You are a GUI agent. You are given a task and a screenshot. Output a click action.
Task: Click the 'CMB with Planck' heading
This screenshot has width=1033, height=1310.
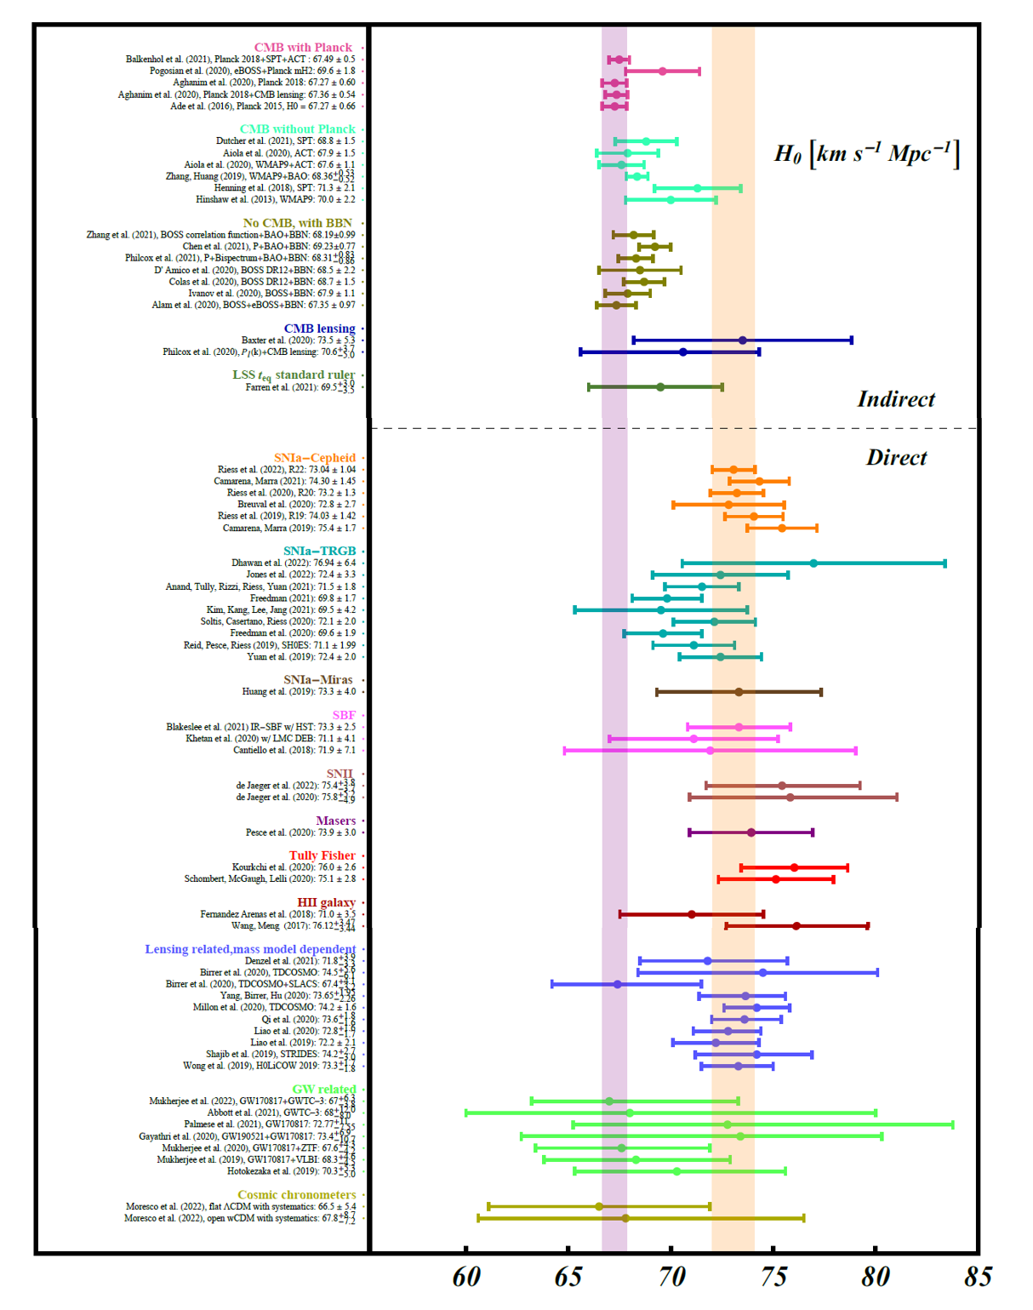coord(302,48)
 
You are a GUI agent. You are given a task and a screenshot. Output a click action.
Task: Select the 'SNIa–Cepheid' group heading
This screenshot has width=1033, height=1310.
coord(314,458)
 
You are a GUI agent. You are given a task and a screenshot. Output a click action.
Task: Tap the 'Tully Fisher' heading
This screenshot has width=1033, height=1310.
coord(322,855)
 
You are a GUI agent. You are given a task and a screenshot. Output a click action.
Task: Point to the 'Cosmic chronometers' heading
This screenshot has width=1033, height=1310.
coord(296,1195)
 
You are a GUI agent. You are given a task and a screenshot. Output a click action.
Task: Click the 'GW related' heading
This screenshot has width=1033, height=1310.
coord(323,1090)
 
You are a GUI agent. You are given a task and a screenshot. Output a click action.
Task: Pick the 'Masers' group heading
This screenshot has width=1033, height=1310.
coord(335,821)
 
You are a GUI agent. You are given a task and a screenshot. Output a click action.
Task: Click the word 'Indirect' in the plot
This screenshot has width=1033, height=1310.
coord(895,399)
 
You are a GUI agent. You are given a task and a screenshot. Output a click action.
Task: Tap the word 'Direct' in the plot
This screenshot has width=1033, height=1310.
coord(896,458)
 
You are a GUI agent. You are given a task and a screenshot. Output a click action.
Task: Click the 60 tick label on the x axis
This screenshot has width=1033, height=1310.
coord(466,1277)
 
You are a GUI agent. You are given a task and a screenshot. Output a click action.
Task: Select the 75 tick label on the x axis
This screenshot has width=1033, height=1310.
coord(773,1277)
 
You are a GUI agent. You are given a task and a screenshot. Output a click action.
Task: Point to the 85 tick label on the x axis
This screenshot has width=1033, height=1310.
coord(978,1277)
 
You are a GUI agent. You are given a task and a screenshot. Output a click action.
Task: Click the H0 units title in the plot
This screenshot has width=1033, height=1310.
coord(866,154)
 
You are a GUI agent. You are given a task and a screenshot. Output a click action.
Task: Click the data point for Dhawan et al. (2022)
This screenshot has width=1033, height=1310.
coord(813,563)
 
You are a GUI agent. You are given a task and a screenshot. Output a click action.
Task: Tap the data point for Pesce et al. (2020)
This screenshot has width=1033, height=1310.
coord(751,832)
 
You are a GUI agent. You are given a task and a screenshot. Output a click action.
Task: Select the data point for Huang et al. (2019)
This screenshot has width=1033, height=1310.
coord(739,692)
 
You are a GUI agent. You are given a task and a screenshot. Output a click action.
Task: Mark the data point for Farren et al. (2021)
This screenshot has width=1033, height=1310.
coord(660,387)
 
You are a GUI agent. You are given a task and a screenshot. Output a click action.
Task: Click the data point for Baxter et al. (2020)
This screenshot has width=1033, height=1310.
coord(743,340)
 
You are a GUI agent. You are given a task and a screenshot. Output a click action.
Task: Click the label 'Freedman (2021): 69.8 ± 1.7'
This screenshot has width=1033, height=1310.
coord(303,598)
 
